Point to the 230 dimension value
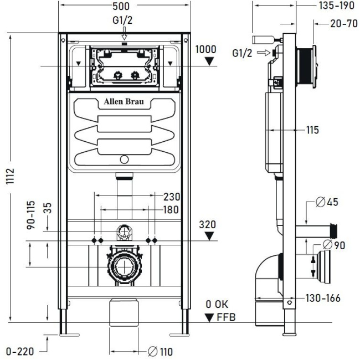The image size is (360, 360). coord(172,196)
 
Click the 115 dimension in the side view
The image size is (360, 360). coord(312,130)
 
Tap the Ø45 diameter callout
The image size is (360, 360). coord(327,202)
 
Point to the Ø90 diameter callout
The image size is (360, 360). coord(335,244)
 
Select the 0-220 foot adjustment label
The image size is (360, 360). coord(20,351)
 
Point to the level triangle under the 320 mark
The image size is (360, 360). coord(208,236)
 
